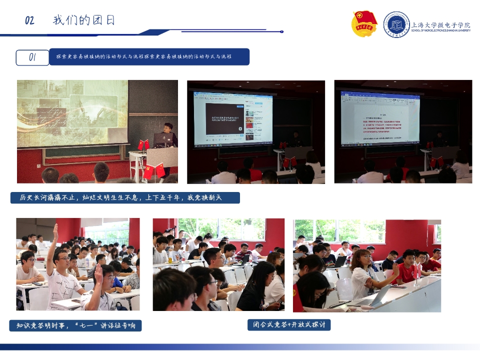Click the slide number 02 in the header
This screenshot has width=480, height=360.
tap(29, 20)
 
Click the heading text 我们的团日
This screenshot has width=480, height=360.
tap(84, 20)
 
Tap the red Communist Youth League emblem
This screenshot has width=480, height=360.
tap(364, 23)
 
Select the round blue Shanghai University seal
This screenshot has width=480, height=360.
tap(396, 24)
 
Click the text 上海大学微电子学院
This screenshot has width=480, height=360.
tap(440, 24)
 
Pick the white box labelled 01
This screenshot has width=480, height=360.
tap(32, 57)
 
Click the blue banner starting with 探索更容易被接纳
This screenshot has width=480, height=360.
tap(149, 57)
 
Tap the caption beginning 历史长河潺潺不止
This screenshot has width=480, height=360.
tap(125, 198)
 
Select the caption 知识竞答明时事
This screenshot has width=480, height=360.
tap(75, 325)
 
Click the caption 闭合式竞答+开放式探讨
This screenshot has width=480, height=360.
tap(289, 324)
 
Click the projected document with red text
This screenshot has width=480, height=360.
tap(380, 119)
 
